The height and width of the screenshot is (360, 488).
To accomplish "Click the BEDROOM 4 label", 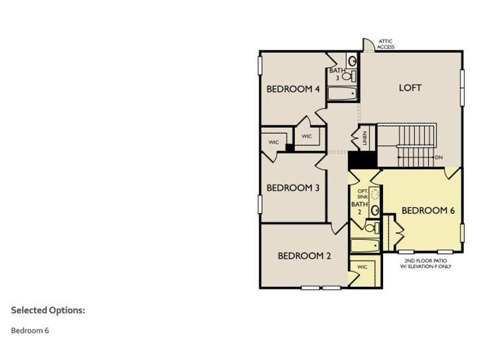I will coord(293,89).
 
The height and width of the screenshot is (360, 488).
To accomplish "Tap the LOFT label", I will coord(411,88).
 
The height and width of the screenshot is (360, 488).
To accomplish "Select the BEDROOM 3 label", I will coord(293,188).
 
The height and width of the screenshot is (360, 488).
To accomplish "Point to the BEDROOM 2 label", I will coord(304,256).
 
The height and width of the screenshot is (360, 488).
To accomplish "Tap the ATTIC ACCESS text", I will coord(386,44).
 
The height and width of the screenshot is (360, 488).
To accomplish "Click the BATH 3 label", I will coord(337,74).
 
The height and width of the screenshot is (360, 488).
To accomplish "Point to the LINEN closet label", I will coord(364,138).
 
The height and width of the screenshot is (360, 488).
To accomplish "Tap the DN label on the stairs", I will coord(439,157).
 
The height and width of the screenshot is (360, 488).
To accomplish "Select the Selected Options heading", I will coord(48,310).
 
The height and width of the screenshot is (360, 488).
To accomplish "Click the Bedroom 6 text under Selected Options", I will coord(30,330).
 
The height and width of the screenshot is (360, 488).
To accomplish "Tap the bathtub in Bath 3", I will coord(343,94).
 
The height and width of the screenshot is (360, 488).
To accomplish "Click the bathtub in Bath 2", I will coord(364,247).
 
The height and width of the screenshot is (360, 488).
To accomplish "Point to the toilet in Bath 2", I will coord(371,228).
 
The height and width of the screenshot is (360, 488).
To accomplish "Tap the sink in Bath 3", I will coord(352,61).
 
